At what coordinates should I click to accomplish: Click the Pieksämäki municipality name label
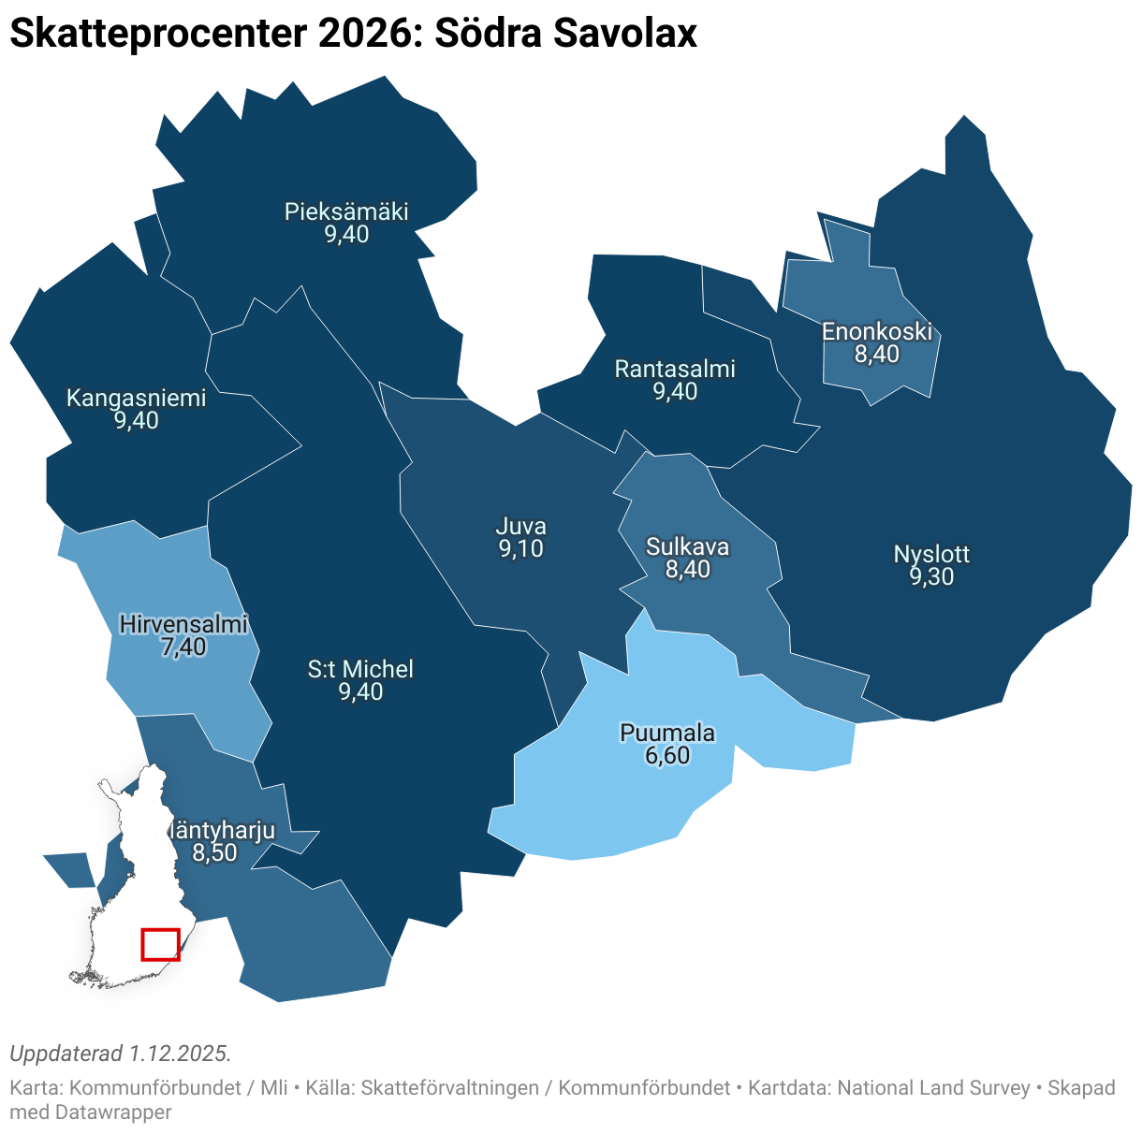click(x=346, y=211)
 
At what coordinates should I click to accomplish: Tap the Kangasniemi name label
click(x=136, y=398)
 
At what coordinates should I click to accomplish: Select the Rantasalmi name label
click(x=675, y=369)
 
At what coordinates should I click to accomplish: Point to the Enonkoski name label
click(x=877, y=331)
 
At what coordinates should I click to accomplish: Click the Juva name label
click(x=521, y=526)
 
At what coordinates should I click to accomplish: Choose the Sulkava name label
click(x=688, y=546)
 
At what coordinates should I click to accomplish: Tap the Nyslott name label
click(x=931, y=554)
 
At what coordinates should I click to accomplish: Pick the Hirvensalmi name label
click(x=183, y=624)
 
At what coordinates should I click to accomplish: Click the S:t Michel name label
click(x=360, y=669)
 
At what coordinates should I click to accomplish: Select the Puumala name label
click(x=667, y=733)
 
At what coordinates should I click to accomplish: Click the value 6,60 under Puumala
click(x=667, y=755)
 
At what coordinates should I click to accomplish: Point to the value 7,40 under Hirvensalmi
click(x=183, y=647)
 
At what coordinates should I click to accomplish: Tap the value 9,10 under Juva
click(x=521, y=549)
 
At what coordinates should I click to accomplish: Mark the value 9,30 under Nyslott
click(x=931, y=576)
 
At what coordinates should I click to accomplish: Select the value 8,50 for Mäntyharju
click(x=215, y=852)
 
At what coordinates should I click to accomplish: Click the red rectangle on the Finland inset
click(x=160, y=944)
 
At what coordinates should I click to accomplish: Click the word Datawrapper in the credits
click(x=113, y=1112)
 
